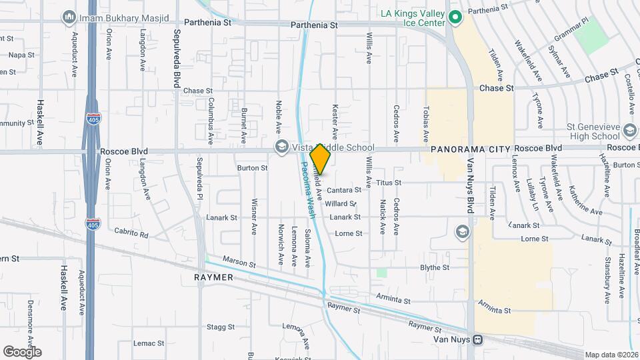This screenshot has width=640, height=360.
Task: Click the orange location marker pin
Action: [321, 159]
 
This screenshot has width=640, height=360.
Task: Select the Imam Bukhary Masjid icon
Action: [69, 16]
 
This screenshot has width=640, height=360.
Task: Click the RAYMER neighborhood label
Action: [213, 277]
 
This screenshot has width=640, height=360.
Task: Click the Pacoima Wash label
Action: [307, 191]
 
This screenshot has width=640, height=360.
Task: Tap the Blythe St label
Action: [435, 267]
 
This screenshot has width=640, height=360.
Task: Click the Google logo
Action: [22, 351]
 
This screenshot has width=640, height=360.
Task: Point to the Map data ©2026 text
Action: [610, 355]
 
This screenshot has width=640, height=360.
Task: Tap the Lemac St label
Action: [148, 343]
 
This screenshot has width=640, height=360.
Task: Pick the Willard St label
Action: [341, 203]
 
